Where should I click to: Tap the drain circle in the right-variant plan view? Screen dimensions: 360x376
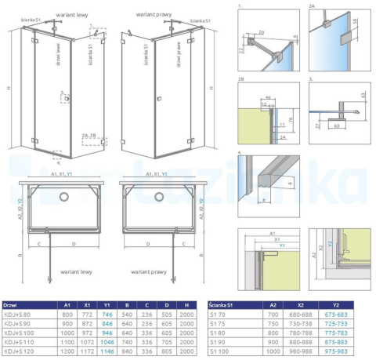pos(159,195)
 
